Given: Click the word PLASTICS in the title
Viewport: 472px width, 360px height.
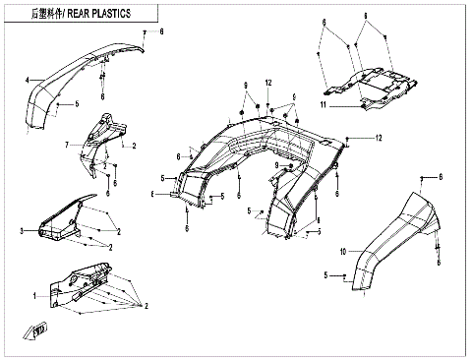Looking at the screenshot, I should click(x=132, y=12).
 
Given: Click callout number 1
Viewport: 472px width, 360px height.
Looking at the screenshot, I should click(x=34, y=294).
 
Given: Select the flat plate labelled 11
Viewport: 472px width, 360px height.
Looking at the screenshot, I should click(x=369, y=85).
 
